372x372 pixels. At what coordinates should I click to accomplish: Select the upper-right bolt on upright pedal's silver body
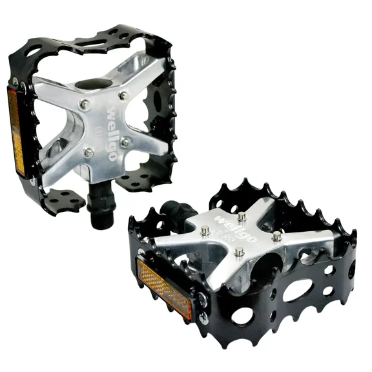[123, 96]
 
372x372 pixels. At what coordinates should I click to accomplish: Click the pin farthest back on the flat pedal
[241, 216]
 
